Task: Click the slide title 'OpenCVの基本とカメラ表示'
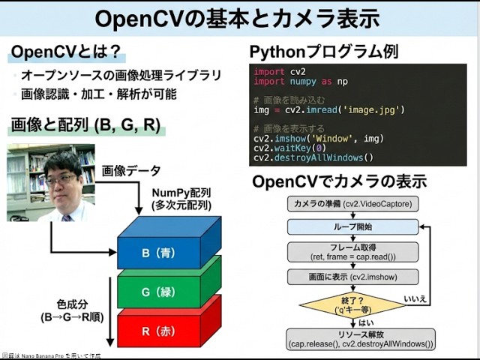pos(240,19)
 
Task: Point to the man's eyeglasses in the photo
pos(61,178)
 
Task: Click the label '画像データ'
pos(131,171)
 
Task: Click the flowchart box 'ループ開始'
pos(352,226)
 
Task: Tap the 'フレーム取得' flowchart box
pos(352,250)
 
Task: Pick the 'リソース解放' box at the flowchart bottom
pos(360,338)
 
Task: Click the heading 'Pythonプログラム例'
pos(323,52)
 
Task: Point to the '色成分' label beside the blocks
pos(72,305)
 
